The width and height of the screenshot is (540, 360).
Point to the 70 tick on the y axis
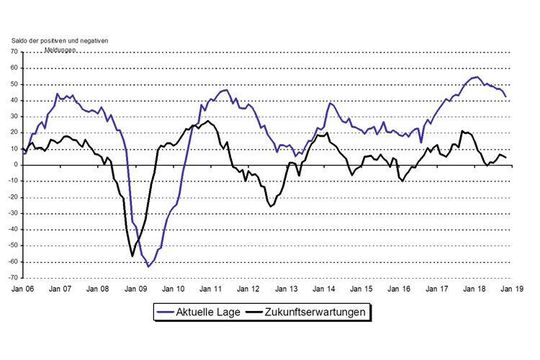(x=14, y=67)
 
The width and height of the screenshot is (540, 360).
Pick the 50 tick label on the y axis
(x=14, y=84)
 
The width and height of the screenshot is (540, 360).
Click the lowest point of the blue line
(x=148, y=266)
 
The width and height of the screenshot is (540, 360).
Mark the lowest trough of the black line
(x=133, y=256)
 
